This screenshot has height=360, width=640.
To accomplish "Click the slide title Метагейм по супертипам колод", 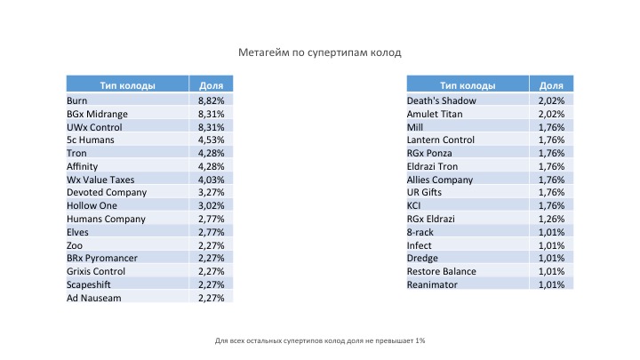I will coord(320,52).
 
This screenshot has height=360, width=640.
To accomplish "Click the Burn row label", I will coord(77,100).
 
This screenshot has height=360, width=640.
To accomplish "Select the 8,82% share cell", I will coord(212,100).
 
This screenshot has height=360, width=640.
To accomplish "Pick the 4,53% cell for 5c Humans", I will coord(212,140).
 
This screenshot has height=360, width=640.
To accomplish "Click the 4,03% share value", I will coord(212,179).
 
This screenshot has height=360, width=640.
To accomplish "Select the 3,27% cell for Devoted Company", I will coord(212,192).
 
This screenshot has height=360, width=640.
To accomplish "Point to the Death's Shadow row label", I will coord(442,100).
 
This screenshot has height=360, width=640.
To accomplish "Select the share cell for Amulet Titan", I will coord(552,114).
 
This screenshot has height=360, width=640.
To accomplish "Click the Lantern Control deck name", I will coord(441,140).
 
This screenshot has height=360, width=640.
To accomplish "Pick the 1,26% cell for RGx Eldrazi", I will coord(552,219).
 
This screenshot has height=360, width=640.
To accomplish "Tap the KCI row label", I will coord(415,205).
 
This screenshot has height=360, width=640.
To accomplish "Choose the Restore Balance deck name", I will coord(442,271).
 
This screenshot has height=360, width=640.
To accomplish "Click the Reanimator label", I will coord(433,284).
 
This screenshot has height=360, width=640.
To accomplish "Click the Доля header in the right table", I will coord(552,85).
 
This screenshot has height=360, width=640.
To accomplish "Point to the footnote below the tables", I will coord(320,340).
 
